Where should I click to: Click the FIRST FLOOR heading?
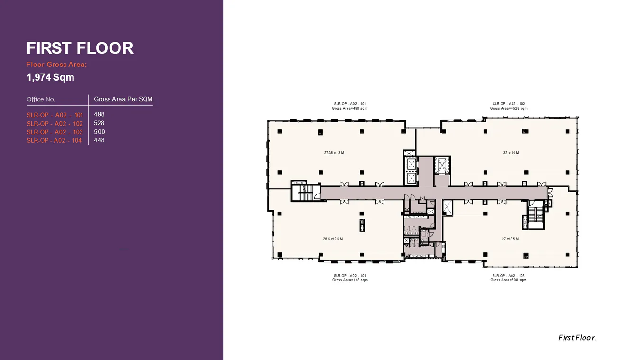click(80, 48)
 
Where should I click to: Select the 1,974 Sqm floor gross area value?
click(50, 77)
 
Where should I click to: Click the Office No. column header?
click(41, 99)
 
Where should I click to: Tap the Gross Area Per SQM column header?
click(123, 99)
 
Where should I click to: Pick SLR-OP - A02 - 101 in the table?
click(55, 115)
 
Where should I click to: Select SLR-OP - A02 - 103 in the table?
click(55, 132)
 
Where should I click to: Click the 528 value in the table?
click(99, 123)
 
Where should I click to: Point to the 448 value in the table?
click(99, 140)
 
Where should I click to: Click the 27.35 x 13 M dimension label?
click(334, 153)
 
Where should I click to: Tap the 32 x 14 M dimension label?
click(511, 153)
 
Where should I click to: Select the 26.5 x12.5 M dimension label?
click(333, 239)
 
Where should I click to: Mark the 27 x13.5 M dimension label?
click(510, 239)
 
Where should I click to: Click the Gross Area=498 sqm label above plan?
click(349, 108)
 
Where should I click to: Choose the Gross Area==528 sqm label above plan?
click(508, 108)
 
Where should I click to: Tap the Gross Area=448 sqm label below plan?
click(349, 280)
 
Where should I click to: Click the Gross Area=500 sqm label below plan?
click(508, 280)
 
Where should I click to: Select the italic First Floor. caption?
click(577, 338)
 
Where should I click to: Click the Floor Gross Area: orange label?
click(56, 65)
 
